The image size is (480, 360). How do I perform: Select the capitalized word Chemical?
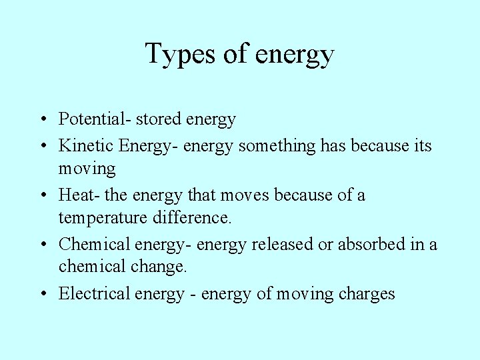click(94, 244)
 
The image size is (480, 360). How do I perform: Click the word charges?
click(367, 294)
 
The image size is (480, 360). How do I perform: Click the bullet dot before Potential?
click(42, 120)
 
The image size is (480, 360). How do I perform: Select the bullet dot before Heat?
click(42, 195)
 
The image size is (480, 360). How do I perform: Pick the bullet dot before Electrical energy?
click(42, 294)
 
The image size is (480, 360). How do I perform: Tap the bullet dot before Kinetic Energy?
click(42, 145)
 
